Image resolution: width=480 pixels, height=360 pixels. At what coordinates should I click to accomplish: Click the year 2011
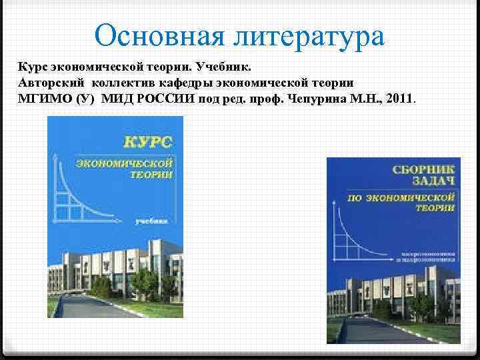[398, 99]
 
